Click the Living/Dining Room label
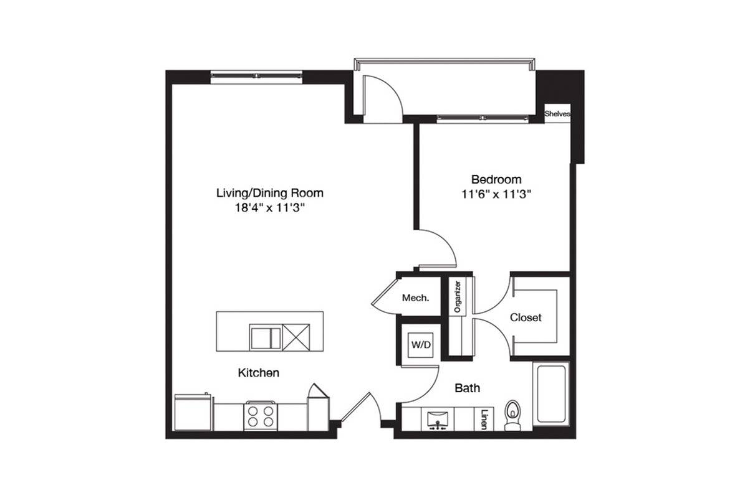click(x=270, y=193)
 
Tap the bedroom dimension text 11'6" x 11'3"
click(x=496, y=194)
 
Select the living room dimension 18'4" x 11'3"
click(x=270, y=208)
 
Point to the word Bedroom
click(x=496, y=179)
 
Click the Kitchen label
click(x=259, y=373)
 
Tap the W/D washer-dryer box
click(x=421, y=345)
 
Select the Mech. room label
click(x=415, y=298)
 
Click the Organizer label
click(x=458, y=297)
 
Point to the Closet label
click(x=526, y=317)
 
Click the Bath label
click(x=468, y=388)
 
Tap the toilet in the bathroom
click(x=512, y=415)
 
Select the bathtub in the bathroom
click(x=551, y=394)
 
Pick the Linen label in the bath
click(x=484, y=419)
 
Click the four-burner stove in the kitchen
click(x=261, y=416)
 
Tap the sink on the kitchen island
click(x=266, y=337)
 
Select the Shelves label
click(x=557, y=114)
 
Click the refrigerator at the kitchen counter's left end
click(x=193, y=413)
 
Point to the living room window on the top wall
click(x=256, y=77)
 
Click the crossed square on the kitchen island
click(x=296, y=337)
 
